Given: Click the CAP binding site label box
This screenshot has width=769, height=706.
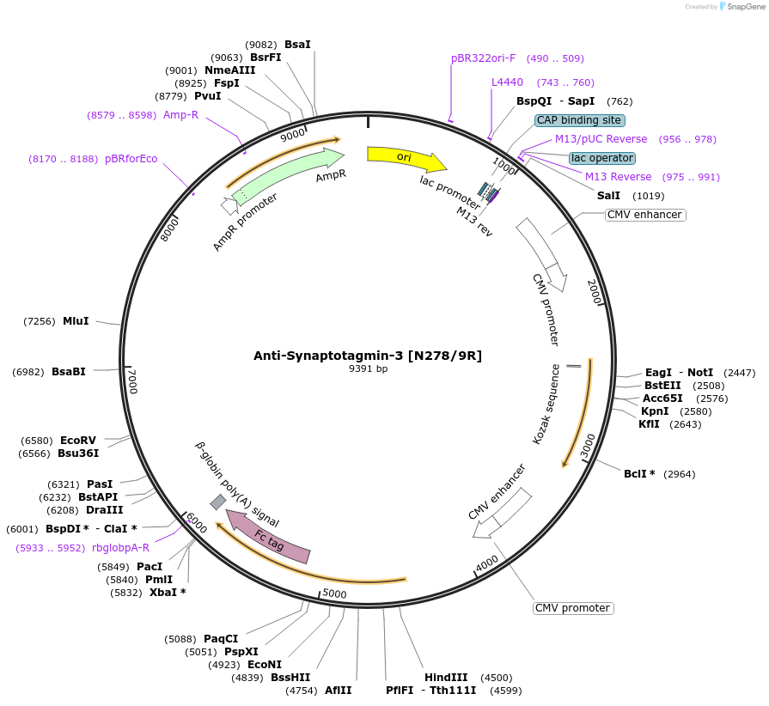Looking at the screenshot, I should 579,120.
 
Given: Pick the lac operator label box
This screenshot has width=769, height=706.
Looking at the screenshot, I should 602,158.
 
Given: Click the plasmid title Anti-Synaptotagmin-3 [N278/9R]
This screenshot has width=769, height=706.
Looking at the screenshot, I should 368,356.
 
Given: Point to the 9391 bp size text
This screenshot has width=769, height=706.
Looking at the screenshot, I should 368,369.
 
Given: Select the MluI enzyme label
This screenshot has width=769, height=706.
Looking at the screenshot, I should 76,321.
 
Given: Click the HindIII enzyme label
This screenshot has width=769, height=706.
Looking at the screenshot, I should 446,678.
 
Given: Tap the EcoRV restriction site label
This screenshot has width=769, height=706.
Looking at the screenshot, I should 78,441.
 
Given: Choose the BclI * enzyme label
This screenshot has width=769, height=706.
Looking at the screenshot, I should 639,474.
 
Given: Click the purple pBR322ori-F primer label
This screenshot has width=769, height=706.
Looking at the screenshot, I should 483,58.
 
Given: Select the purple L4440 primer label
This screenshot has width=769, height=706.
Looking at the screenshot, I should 507,82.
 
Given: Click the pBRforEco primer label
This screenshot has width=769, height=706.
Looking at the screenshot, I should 131,159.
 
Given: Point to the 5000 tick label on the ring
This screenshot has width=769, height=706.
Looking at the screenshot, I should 334,593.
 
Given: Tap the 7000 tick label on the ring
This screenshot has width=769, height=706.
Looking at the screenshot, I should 131,381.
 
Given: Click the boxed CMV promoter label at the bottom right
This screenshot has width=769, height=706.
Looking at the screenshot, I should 573,608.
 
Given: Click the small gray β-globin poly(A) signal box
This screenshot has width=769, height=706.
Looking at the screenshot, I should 218,502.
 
